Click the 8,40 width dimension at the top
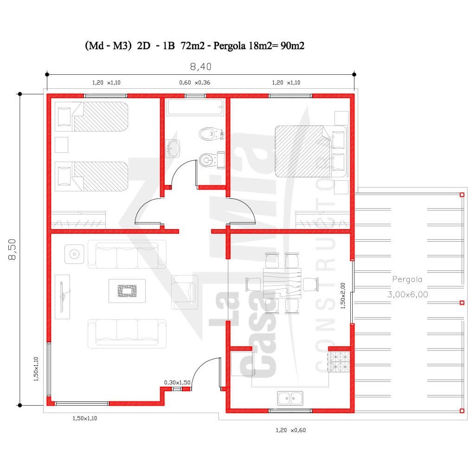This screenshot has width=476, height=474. pos(201,66)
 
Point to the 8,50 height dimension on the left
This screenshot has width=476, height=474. pos(12,249)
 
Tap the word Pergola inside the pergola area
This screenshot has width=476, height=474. pos(407,279)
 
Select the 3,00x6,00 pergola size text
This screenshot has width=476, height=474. pos(408,294)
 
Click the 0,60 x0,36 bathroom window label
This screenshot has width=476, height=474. pos(194,83)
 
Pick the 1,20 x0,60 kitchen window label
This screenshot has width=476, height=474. pos(290,430)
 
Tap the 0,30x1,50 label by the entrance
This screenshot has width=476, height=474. pos(177,382)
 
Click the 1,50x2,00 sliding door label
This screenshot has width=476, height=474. pos(343,296)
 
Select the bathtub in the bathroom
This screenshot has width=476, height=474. pos(195,107)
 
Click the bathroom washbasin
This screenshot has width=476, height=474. pos(173,148)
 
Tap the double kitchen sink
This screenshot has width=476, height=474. pos(290,398)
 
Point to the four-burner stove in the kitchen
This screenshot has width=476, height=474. pos(340,362)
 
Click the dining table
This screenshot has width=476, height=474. pos(282,283)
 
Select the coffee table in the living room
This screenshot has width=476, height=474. pos(127,291)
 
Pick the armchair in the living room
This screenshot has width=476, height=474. pos(184,292)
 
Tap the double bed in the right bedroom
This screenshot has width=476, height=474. pos(310,151)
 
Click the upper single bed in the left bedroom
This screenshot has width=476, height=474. pos(91,117)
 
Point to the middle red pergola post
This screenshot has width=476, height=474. pos(462,303)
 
